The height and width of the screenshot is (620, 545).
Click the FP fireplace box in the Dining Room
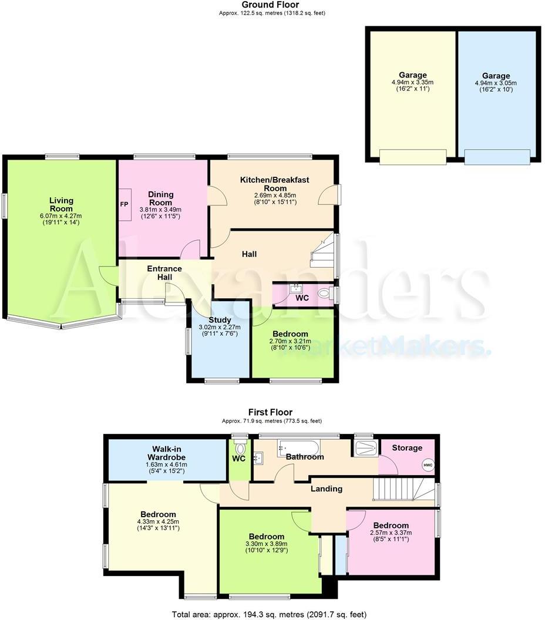[x=125, y=204]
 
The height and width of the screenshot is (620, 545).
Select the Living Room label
[x=61, y=204]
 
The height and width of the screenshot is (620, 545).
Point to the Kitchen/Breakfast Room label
[x=275, y=184]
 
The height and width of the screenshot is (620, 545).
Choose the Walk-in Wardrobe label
[x=166, y=453]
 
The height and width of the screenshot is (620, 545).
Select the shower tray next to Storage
[x=366, y=449]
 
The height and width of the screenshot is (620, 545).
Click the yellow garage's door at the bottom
[x=412, y=157]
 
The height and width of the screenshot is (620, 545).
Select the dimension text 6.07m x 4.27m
[x=61, y=215]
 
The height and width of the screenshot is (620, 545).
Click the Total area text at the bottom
[x=269, y=614]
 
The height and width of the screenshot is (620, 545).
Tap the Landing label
[x=326, y=488]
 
